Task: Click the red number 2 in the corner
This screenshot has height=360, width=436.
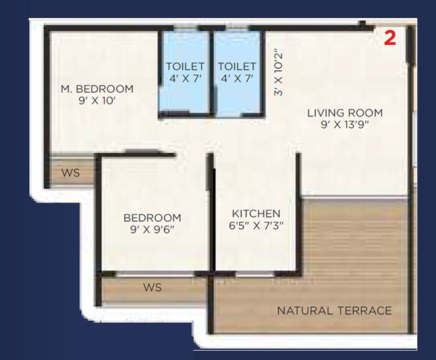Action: click(389, 38)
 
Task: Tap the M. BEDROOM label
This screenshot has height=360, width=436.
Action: click(97, 89)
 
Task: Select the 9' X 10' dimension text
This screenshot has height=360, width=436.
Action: click(97, 102)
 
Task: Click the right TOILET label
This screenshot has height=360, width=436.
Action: click(237, 67)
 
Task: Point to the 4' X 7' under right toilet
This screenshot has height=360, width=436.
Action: click(237, 79)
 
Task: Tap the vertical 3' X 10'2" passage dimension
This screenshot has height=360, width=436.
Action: click(278, 72)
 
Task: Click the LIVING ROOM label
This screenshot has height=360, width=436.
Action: click(344, 113)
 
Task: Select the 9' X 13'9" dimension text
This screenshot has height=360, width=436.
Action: click(344, 125)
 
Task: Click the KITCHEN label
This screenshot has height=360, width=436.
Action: click(256, 213)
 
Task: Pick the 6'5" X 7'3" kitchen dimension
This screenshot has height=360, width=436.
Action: click(256, 225)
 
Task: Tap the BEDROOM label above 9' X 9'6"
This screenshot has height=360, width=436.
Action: click(152, 217)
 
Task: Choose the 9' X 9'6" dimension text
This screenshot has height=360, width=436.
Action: click(152, 229)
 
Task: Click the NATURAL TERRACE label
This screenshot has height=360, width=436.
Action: click(334, 310)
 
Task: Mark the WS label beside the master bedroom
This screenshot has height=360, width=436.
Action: click(71, 173)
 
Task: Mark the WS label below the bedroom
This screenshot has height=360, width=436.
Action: click(152, 288)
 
